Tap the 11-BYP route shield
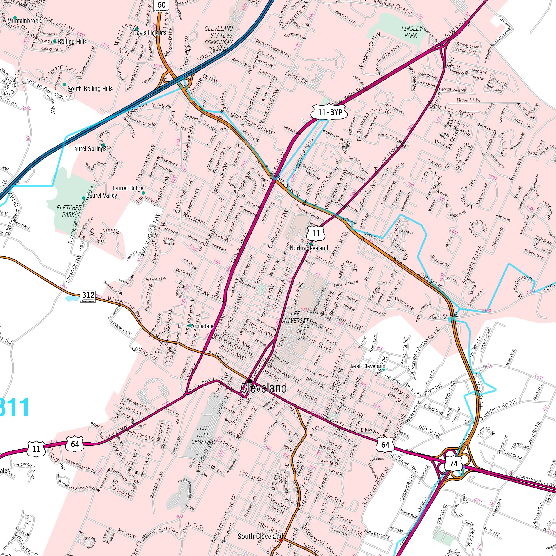(330, 112)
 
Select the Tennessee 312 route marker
(88, 296)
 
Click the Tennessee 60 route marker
(161, 5)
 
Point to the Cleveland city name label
(264, 388)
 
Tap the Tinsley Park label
(411, 32)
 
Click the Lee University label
(296, 317)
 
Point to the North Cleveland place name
(309, 248)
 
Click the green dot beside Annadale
(190, 326)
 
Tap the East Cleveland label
(368, 366)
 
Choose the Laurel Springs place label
(89, 149)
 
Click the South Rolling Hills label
(90, 89)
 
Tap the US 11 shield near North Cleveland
(316, 234)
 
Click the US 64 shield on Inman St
(385, 445)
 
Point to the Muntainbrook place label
(24, 21)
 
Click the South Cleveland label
(260, 537)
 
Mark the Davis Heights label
(150, 33)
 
